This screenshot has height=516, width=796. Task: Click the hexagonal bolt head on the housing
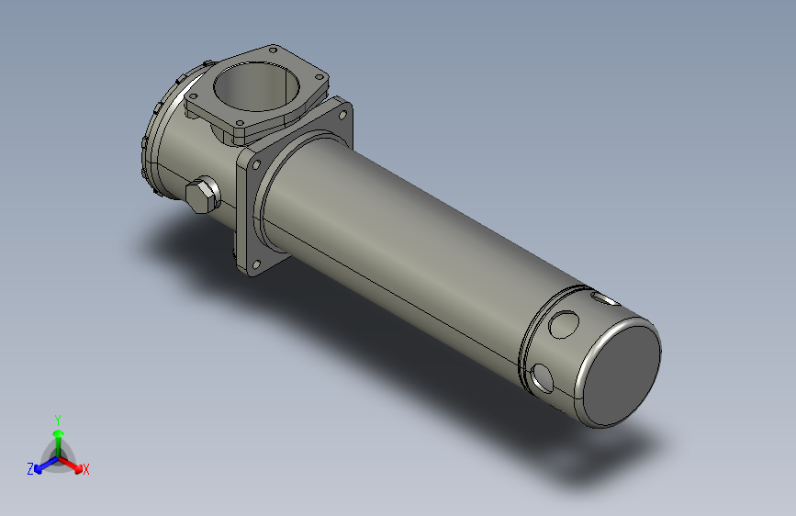[201, 196]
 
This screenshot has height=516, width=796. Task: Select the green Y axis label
[57, 419]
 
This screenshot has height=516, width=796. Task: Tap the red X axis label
[86, 469]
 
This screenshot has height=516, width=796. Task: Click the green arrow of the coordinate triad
[58, 435]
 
